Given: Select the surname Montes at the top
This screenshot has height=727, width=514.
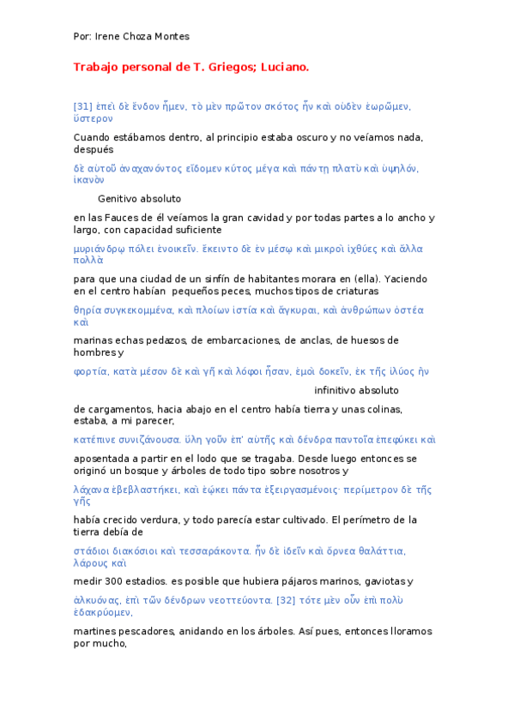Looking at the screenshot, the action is (172, 37).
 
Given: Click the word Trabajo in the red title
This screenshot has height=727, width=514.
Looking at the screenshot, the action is (96, 67).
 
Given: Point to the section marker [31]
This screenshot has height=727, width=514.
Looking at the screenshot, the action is (83, 106).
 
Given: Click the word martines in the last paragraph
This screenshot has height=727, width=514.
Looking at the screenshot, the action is (94, 631).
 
